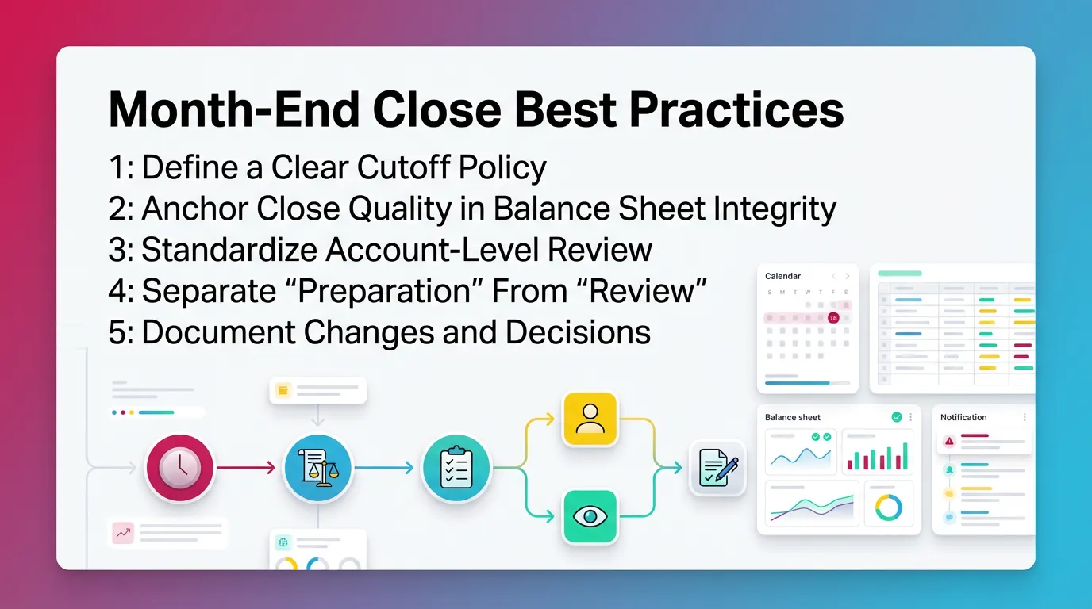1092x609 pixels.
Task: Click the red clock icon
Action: click(x=179, y=468)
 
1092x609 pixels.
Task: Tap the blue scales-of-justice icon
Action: click(x=317, y=468)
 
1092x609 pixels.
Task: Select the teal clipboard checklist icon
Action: click(x=456, y=469)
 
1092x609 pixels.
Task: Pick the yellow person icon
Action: click(x=590, y=419)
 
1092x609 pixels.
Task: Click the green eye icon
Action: click(x=590, y=517)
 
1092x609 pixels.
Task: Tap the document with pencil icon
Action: click(x=717, y=468)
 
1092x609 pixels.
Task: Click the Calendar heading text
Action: click(x=782, y=276)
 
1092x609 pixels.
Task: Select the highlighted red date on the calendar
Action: click(x=832, y=317)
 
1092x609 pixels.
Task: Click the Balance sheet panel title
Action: click(x=792, y=417)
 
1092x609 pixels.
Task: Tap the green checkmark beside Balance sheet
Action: click(x=897, y=417)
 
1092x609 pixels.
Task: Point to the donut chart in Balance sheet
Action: click(x=888, y=507)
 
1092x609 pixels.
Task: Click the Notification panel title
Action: click(x=963, y=417)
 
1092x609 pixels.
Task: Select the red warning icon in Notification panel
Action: click(x=948, y=441)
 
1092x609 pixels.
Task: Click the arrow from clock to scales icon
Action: click(x=248, y=468)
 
